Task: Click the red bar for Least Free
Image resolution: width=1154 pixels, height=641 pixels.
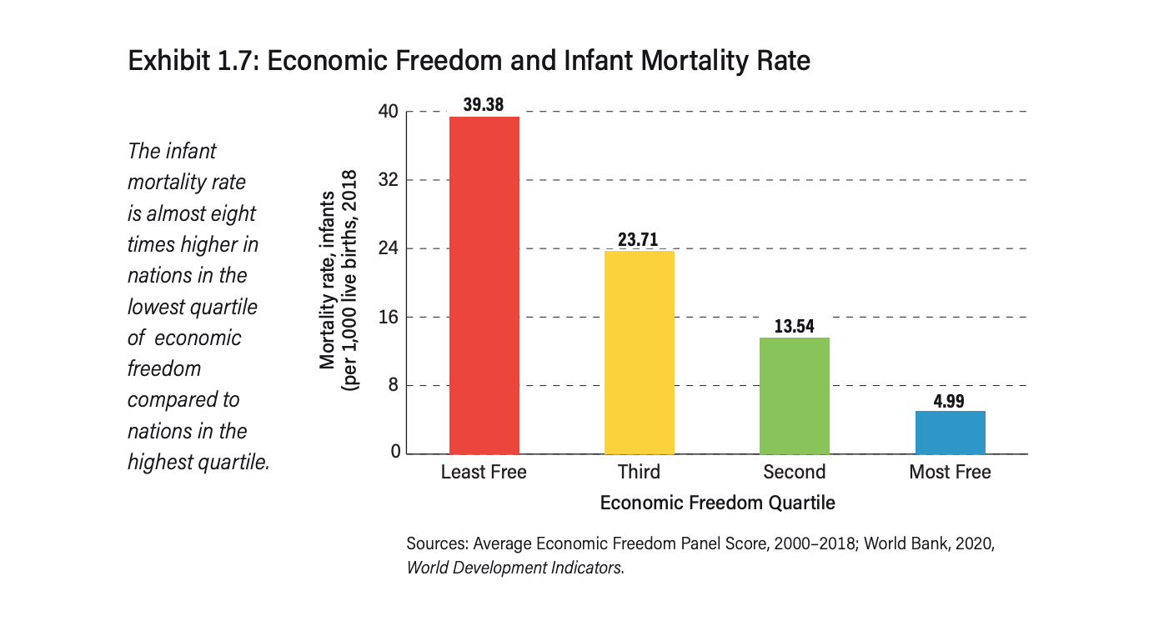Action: tap(484, 285)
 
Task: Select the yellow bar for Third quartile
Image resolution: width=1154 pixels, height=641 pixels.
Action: tap(639, 352)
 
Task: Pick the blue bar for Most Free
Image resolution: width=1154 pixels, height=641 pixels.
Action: tap(950, 432)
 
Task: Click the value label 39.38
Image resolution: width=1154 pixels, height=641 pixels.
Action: tap(484, 104)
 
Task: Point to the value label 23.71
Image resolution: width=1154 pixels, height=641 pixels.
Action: tap(639, 239)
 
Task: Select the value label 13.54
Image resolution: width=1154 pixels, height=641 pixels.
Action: tap(794, 326)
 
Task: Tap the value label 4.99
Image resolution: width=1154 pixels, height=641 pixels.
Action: tap(950, 400)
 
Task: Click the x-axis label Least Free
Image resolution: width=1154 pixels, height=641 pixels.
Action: tap(484, 473)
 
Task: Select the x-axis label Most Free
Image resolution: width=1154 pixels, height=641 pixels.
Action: tap(950, 473)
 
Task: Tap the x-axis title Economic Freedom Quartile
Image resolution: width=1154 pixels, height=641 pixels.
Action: tap(717, 503)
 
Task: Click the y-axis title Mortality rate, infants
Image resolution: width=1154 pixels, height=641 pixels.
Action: tap(329, 279)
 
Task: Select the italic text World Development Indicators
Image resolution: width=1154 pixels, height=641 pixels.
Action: tap(514, 568)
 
